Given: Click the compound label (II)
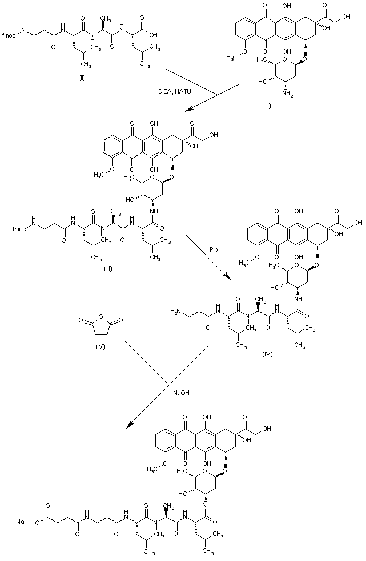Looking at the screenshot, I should point(82,61).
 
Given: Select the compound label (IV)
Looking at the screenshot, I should point(267,354).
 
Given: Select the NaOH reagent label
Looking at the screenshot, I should point(180,392).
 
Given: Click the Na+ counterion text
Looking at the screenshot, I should point(22,520).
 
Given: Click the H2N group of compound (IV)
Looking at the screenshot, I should point(176,311).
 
